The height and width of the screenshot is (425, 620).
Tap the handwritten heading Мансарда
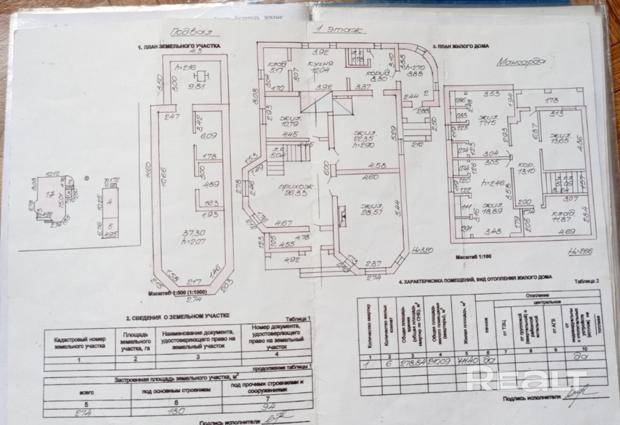click(520, 62)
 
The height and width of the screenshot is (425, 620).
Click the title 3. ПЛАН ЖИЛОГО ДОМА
click(461, 46)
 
